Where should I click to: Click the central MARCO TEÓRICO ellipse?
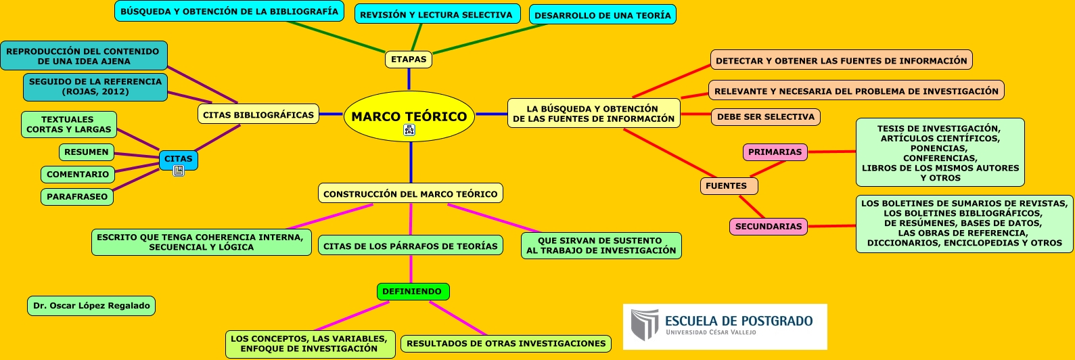[409, 116]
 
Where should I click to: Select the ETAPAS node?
[409, 60]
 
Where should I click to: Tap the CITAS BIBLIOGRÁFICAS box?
[258, 114]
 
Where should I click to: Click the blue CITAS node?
[179, 159]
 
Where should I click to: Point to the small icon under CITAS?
[179, 171]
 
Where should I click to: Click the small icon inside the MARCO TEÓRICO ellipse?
[409, 131]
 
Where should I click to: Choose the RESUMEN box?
[87, 152]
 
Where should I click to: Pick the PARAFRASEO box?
[77, 197]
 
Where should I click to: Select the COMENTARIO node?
[78, 175]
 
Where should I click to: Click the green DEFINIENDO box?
[412, 292]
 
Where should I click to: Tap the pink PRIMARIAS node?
[775, 152]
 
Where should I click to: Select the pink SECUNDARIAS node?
[768, 227]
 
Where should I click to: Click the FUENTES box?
[728, 186]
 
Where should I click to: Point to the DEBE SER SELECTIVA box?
[765, 117]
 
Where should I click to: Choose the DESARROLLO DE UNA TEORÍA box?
[602, 15]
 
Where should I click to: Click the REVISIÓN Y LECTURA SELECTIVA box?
[437, 15]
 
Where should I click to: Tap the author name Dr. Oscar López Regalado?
[91, 306]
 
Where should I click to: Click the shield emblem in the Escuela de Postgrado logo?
[644, 325]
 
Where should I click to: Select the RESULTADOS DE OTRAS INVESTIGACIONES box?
[506, 344]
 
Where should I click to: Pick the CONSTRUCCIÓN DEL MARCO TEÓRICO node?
[410, 194]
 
